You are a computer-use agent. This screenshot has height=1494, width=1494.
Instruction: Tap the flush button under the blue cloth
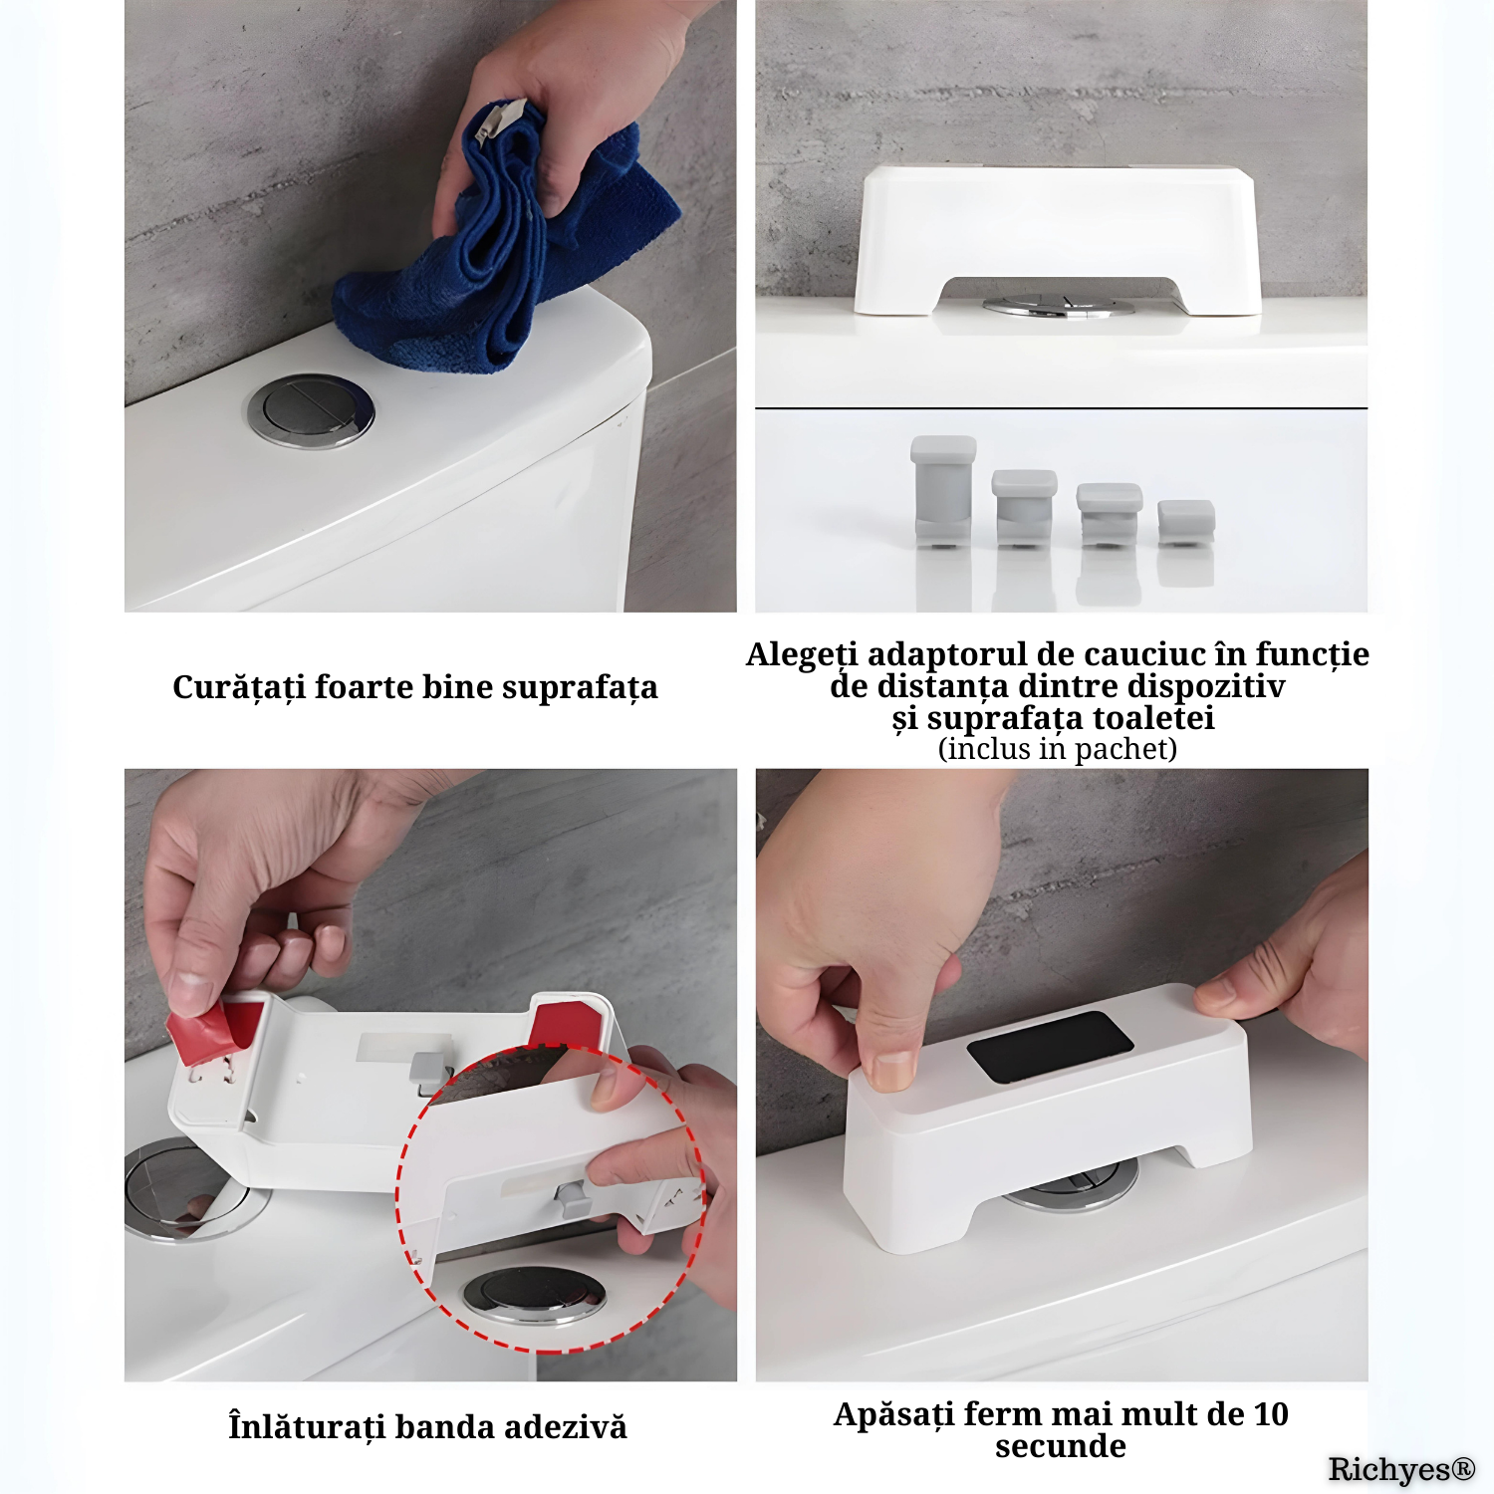click(312, 410)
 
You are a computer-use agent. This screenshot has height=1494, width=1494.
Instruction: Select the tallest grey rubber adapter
click(943, 491)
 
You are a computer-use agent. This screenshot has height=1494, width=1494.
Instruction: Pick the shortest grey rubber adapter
click(1186, 523)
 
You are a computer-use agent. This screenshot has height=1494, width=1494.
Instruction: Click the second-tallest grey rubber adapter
click(1024, 508)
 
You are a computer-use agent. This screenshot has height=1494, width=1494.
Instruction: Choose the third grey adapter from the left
click(1110, 514)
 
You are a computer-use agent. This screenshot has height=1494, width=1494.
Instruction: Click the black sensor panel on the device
click(1050, 1047)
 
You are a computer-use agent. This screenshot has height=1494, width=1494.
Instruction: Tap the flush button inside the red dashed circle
click(534, 1295)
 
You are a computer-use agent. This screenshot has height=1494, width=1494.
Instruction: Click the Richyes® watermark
click(1401, 1469)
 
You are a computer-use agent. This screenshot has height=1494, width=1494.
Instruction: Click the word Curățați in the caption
click(239, 687)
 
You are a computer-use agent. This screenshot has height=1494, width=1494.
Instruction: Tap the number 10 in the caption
click(1271, 1414)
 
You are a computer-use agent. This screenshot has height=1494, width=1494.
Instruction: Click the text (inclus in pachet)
click(1058, 749)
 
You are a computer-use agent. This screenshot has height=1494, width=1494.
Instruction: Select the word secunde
click(1061, 1446)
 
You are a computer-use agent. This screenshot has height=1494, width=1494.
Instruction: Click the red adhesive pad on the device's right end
click(565, 1025)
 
